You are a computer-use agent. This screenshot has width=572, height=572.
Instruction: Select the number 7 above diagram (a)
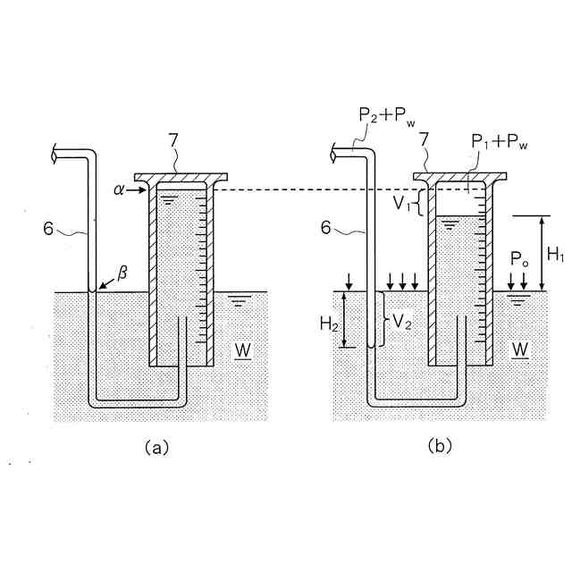tap(174, 141)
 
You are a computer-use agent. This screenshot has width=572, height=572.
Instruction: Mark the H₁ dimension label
tap(555, 255)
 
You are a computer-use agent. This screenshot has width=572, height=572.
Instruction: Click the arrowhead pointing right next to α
tap(139, 190)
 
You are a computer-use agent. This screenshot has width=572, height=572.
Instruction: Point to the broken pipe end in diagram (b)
tap(337, 155)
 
